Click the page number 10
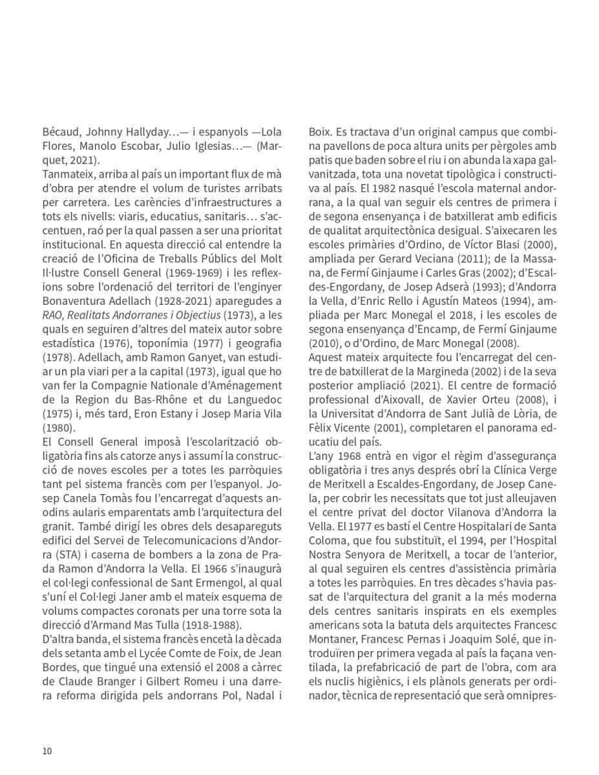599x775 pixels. point(47,750)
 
